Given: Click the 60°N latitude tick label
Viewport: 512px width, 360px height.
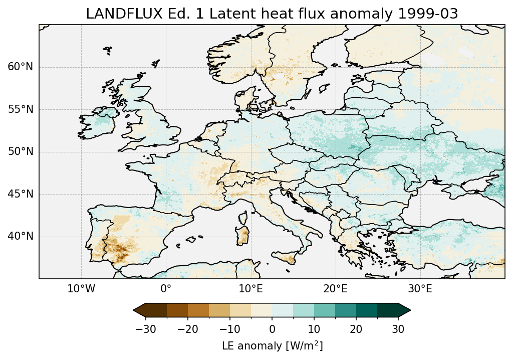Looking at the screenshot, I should tap(21, 67).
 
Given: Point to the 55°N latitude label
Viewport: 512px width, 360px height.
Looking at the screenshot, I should tap(21, 109).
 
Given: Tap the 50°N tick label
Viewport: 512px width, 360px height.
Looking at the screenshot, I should tap(21, 151).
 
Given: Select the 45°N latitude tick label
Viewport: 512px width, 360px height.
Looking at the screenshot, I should tap(21, 194).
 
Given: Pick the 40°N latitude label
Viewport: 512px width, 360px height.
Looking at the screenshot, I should tap(21, 236).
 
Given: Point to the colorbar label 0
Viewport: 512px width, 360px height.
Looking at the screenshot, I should tap(272, 329).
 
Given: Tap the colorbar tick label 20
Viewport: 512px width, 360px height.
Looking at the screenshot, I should tap(356, 329).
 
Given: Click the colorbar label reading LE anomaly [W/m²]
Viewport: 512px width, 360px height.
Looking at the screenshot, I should tap(272, 346).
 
